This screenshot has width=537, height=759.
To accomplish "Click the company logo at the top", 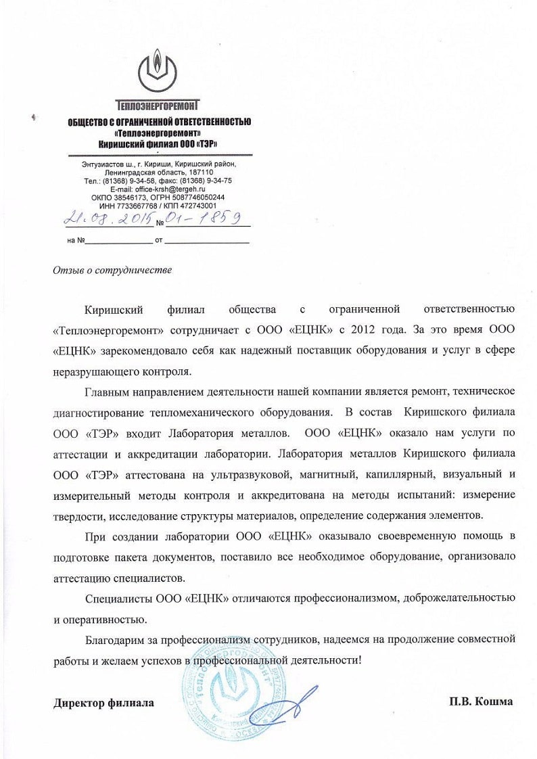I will (x=158, y=72).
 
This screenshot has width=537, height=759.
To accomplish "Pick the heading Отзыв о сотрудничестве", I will (x=112, y=271).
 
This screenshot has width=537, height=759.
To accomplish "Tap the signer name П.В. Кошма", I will (x=480, y=701).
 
